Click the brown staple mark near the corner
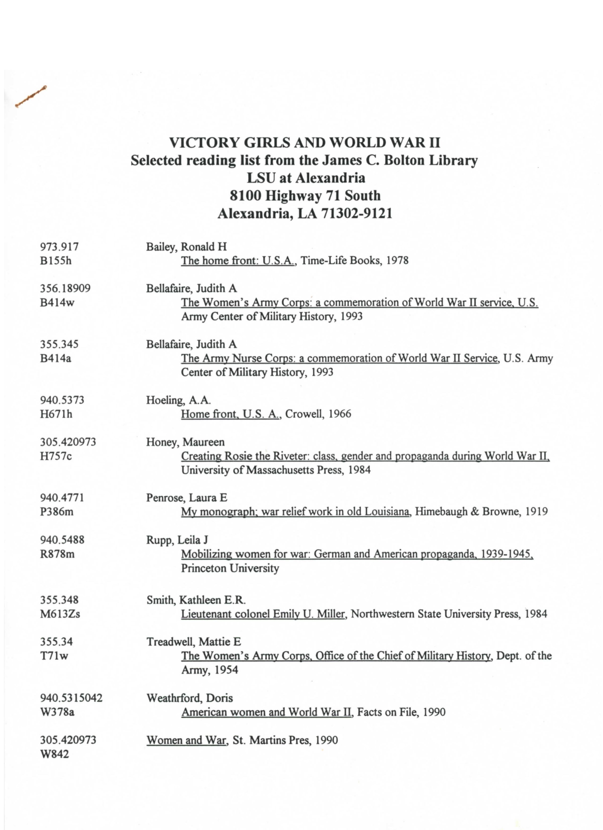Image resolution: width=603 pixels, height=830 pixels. (31, 97)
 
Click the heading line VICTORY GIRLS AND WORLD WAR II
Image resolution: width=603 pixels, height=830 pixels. (305, 142)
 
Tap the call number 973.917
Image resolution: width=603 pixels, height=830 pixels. (59, 247)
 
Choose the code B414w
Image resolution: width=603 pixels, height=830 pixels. (57, 303)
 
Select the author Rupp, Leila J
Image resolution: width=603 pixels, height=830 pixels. (177, 540)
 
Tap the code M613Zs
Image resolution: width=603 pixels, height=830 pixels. (60, 614)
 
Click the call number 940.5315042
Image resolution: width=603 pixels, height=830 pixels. (71, 698)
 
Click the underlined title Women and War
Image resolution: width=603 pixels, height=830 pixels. (186, 740)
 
